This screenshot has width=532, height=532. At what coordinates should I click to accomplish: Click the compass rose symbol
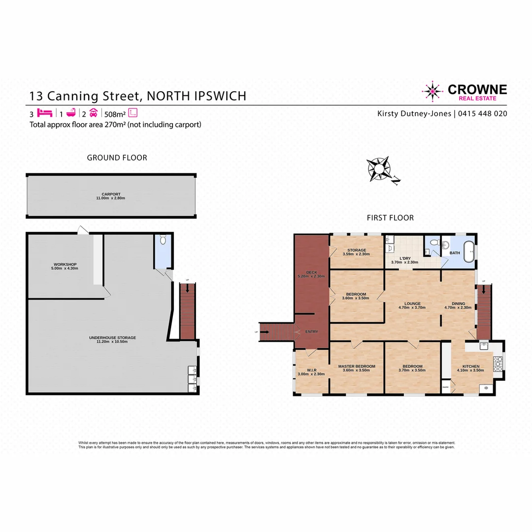coord(380,169)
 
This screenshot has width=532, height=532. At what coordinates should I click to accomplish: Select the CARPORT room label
coord(111,194)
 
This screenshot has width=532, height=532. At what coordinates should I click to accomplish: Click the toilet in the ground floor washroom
coord(164,241)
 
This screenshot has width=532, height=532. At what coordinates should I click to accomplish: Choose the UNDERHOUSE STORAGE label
coord(112,337)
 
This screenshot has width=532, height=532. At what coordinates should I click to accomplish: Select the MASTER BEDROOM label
coord(357,366)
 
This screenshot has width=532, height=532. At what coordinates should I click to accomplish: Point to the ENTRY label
coord(311,332)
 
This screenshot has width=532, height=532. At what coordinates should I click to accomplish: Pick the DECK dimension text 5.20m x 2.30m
coord(311,276)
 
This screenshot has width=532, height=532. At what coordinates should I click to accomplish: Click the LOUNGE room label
coord(412,303)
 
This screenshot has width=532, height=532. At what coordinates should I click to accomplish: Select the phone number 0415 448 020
coord(483,113)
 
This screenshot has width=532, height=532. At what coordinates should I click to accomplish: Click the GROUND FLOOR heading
coord(117,158)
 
